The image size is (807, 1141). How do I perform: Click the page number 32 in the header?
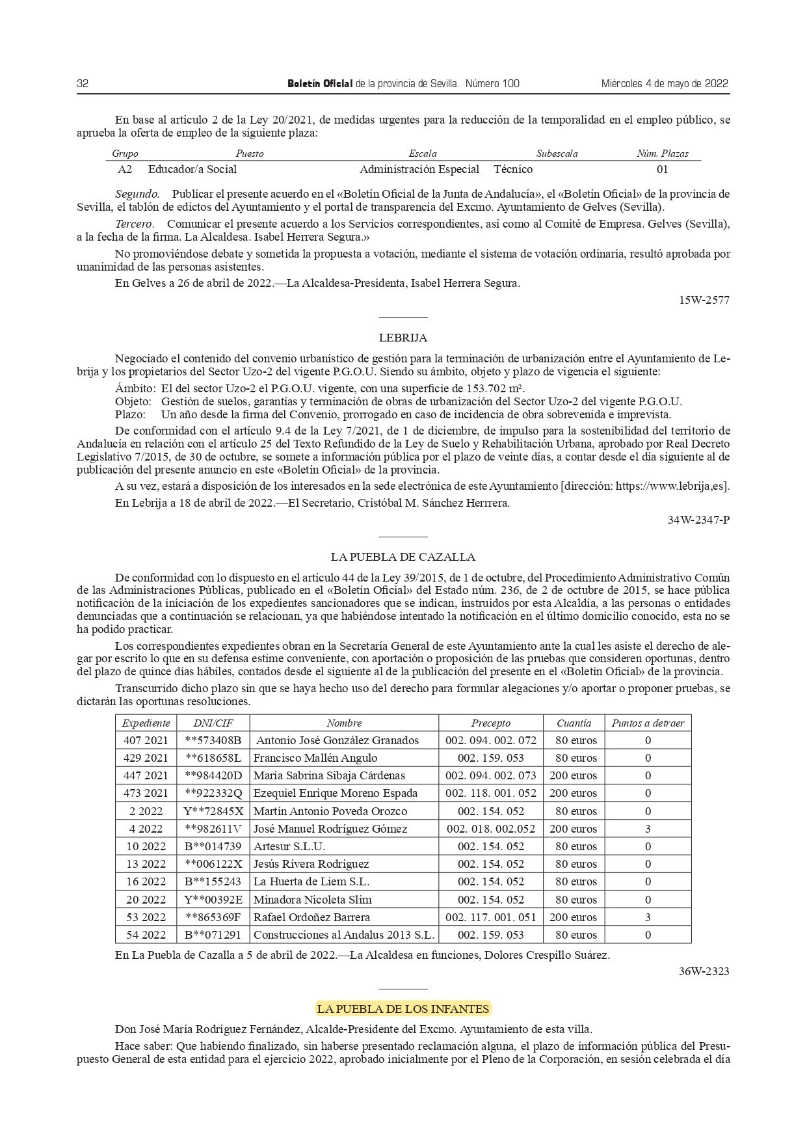pyautogui.click(x=83, y=84)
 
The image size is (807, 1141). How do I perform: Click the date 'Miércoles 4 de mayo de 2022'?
pyautogui.click(x=664, y=84)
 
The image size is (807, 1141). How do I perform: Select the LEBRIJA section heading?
pyautogui.click(x=403, y=338)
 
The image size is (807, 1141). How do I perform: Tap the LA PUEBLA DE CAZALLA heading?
pyautogui.click(x=403, y=557)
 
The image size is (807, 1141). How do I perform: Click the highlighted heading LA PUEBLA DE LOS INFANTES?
pyautogui.click(x=403, y=1009)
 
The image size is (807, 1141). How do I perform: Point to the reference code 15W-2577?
pyautogui.click(x=704, y=301)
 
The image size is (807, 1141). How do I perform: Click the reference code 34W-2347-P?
pyautogui.click(x=698, y=520)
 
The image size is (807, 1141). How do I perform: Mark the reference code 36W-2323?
pyautogui.click(x=704, y=971)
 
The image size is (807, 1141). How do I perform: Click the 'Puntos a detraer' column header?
pyautogui.click(x=648, y=723)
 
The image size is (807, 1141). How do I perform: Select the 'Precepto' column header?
pyautogui.click(x=491, y=723)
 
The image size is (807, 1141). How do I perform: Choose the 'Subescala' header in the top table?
pyautogui.click(x=557, y=154)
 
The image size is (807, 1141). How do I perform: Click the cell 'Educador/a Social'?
pyautogui.click(x=192, y=170)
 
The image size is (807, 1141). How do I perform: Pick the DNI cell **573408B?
pyautogui.click(x=213, y=740)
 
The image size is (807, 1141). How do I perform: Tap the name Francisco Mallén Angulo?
pyautogui.click(x=315, y=758)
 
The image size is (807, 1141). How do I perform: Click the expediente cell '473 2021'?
pyautogui.click(x=146, y=793)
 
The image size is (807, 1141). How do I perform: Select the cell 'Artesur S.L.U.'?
pyautogui.click(x=289, y=846)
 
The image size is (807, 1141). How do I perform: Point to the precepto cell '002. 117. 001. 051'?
pyautogui.click(x=491, y=917)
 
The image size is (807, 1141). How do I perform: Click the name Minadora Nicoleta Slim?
pyautogui.click(x=313, y=900)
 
